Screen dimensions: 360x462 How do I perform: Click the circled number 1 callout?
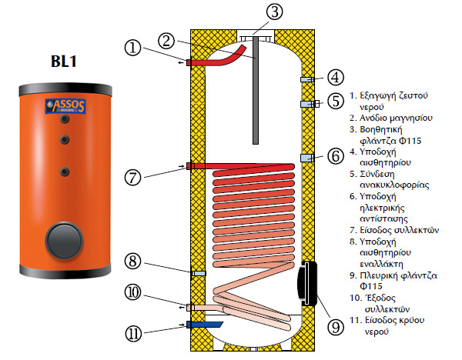[136, 48]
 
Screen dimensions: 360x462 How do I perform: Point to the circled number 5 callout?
[334, 101]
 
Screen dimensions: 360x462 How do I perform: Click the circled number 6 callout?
[334, 155]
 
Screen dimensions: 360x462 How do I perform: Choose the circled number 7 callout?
[136, 178]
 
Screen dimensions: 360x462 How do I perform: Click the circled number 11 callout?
[136, 333]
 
